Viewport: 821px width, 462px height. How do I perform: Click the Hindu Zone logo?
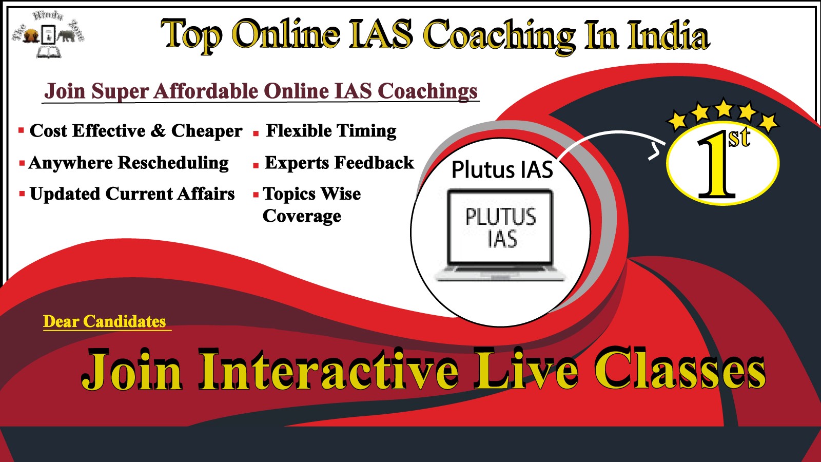pos(48,34)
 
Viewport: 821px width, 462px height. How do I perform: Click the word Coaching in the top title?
pos(500,36)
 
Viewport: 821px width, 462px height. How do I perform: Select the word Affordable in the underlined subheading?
pos(206,90)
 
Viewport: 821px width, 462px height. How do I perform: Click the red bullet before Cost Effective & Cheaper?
pos(21,130)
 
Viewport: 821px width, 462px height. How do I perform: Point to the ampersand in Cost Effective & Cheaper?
pos(158,131)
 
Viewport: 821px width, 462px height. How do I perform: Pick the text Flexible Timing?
pos(331,131)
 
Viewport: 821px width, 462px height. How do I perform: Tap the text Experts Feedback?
pos(339,163)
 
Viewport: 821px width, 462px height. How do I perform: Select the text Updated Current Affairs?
pos(132,194)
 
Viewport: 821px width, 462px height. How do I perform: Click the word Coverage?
pos(302,216)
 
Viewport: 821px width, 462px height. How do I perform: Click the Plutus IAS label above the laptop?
pos(502,170)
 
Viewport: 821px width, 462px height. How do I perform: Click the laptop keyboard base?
pos(500,274)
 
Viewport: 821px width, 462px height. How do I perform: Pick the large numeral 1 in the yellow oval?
pos(716,165)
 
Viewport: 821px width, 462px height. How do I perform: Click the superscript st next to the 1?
pos(739,138)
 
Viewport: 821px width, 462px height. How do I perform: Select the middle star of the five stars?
pos(724,108)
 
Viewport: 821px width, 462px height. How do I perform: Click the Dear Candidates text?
pos(105,321)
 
